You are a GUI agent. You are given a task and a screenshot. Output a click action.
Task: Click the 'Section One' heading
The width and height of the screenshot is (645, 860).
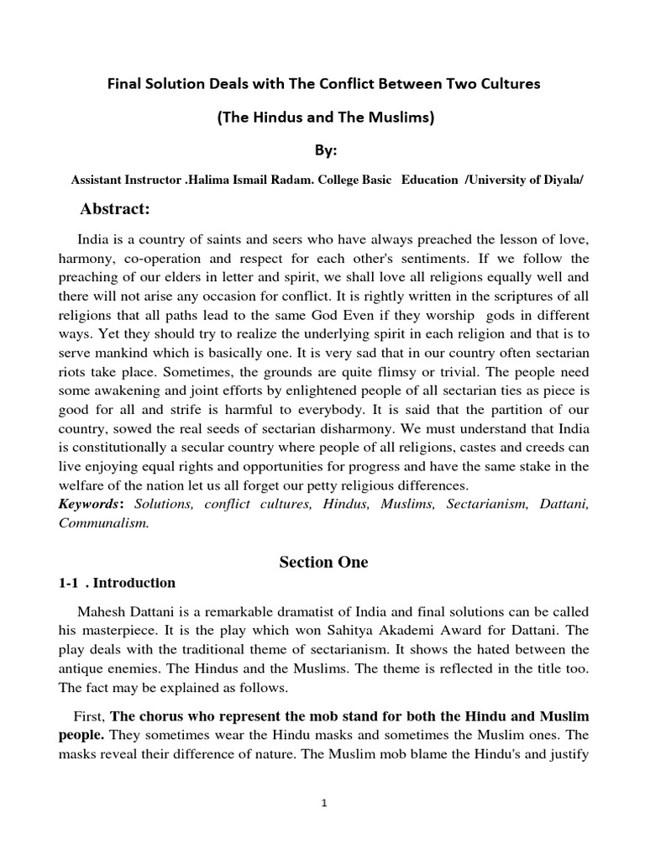pos(323,562)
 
